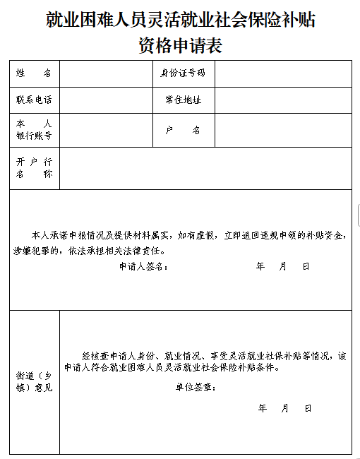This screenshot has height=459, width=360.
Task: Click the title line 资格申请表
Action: pos(180,46)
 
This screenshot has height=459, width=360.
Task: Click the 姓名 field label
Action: pos(34,73)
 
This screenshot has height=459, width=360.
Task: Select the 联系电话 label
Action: pos(34,100)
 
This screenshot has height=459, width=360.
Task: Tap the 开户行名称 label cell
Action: pos(34,167)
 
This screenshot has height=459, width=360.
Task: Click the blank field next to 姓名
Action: pos(106,73)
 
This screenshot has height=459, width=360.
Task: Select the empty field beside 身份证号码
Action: pos(282,73)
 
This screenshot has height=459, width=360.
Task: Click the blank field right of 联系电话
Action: pos(106,100)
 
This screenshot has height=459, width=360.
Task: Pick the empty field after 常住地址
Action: pos(282,100)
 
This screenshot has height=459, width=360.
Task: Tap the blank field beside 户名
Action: pos(282,131)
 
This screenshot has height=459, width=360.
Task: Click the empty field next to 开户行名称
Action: pos(205,167)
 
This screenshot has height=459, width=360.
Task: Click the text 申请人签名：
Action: pos(143,266)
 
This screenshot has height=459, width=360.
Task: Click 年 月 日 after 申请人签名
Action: pos(283,266)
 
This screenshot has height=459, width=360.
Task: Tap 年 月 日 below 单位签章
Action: pos(284,408)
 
